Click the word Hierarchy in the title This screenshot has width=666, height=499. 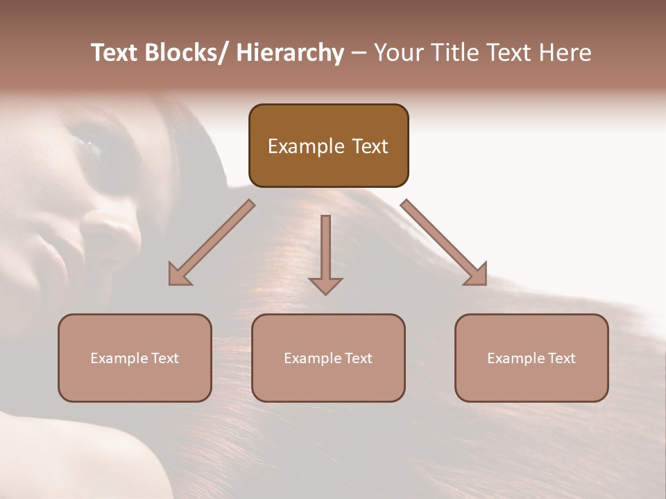pos(290,53)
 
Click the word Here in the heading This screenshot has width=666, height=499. pos(564,53)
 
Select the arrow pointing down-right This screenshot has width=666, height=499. pos(441,239)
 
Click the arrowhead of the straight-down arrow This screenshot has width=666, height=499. pos(325,285)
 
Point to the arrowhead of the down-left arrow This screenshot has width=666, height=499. pos(179,274)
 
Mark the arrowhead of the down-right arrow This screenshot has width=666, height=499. pos(476,274)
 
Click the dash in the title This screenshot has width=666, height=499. pos(359,53)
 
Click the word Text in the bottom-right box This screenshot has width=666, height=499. pos(561,358)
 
